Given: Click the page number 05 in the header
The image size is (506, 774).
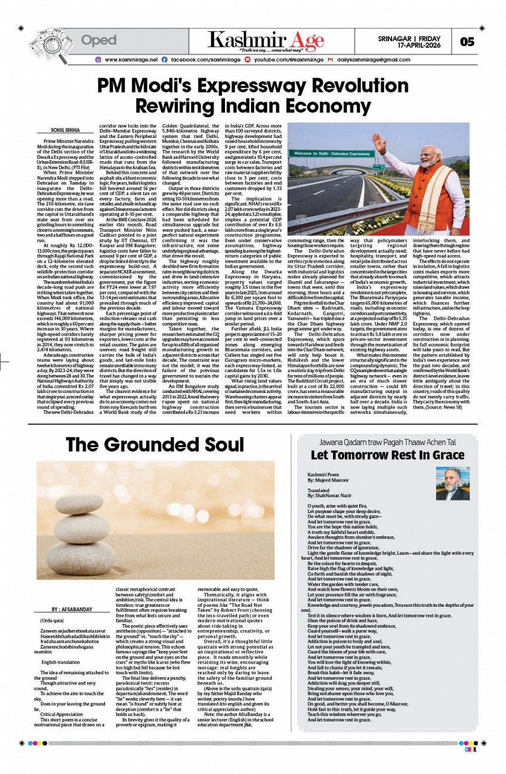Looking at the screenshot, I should tap(467, 41).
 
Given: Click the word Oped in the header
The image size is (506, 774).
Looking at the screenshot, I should tap(98, 41).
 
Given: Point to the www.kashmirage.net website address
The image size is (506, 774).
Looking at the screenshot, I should tap(131, 60).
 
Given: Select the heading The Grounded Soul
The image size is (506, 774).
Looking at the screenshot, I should tap(155, 444).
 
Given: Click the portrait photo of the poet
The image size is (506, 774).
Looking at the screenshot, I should tap(452, 483).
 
